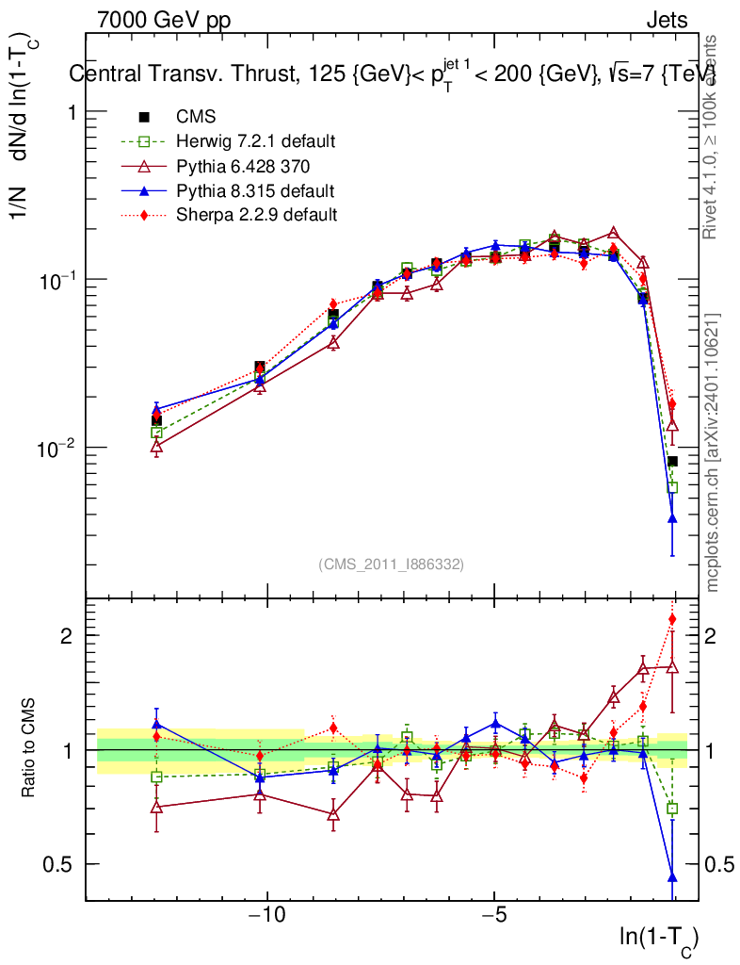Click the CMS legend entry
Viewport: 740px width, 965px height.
[x=196, y=117]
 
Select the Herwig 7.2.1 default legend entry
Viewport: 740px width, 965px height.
[x=255, y=141]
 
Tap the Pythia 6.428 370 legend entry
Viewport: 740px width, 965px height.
[x=243, y=166]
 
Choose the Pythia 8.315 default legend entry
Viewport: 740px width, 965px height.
[x=255, y=190]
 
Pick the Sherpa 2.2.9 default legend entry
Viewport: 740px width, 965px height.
[x=256, y=215]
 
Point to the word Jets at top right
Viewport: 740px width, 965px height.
[x=667, y=20]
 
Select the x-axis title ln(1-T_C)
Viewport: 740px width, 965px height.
[x=658, y=939]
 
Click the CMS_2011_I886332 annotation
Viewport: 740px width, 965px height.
[x=391, y=564]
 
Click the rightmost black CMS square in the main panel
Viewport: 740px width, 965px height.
[x=672, y=461]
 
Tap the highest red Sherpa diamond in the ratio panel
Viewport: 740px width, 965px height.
[x=672, y=619]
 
